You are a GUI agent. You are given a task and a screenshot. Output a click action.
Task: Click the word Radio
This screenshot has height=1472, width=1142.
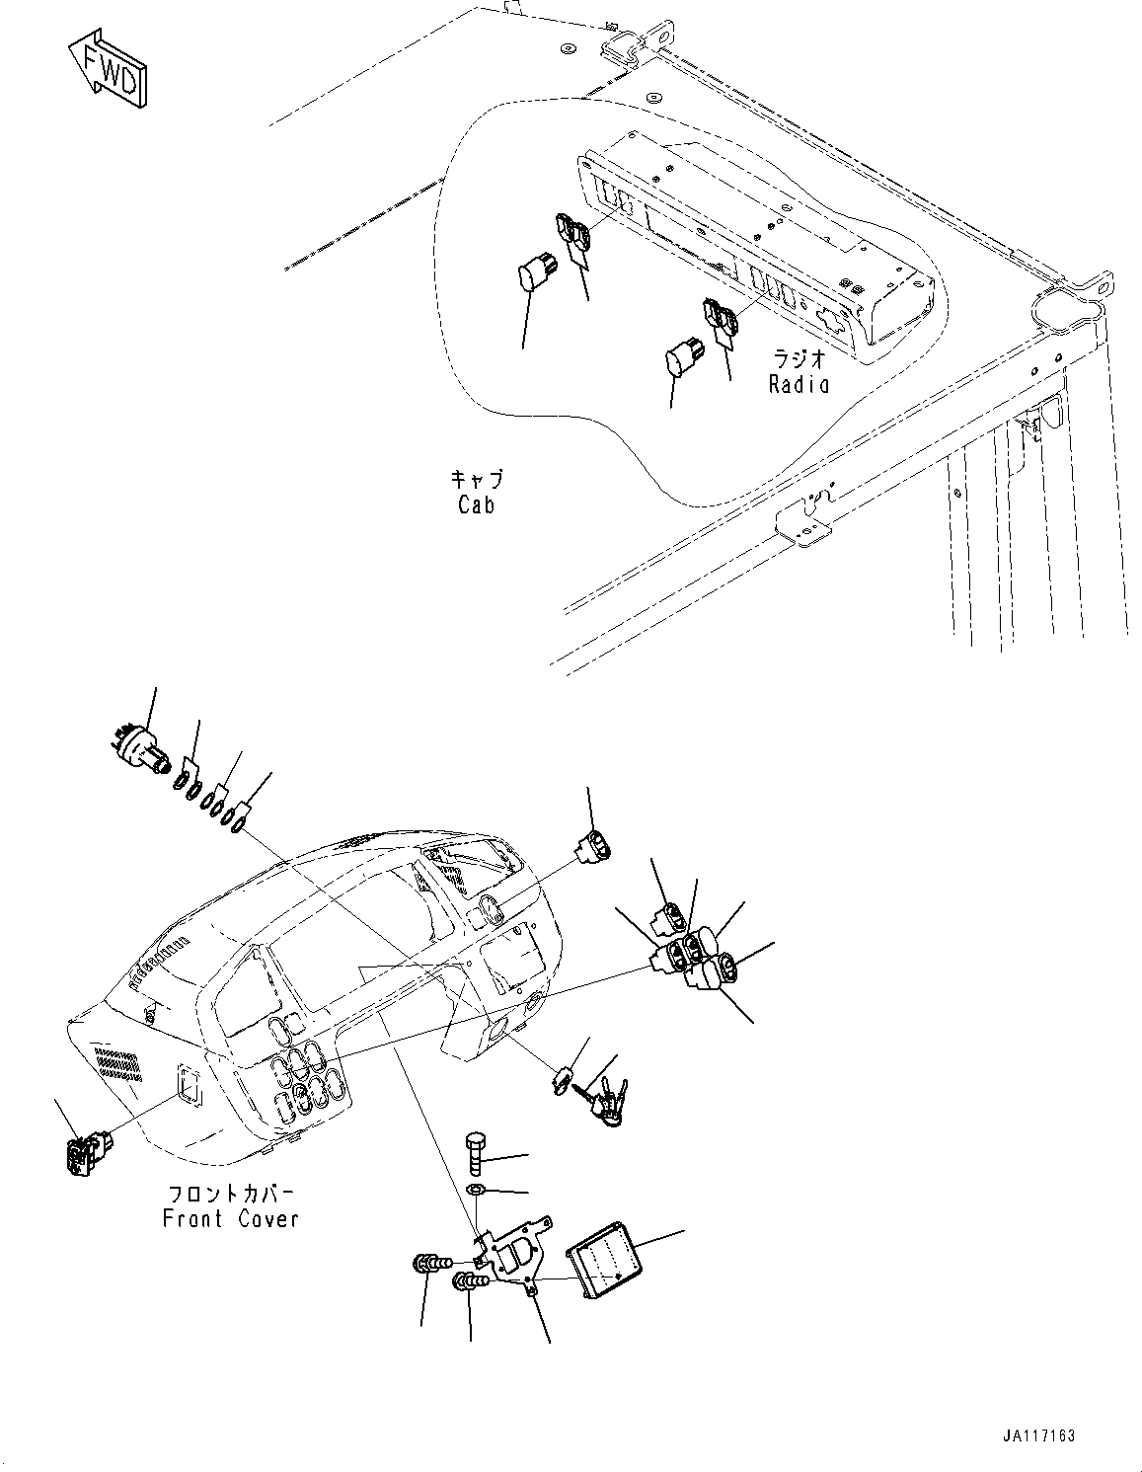(x=799, y=384)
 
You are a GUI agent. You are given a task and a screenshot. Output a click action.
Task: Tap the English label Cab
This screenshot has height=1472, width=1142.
(x=476, y=504)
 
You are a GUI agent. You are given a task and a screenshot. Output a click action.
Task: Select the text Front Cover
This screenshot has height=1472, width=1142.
(x=230, y=1218)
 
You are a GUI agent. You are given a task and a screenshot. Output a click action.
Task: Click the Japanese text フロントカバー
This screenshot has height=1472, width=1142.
(x=230, y=1192)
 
